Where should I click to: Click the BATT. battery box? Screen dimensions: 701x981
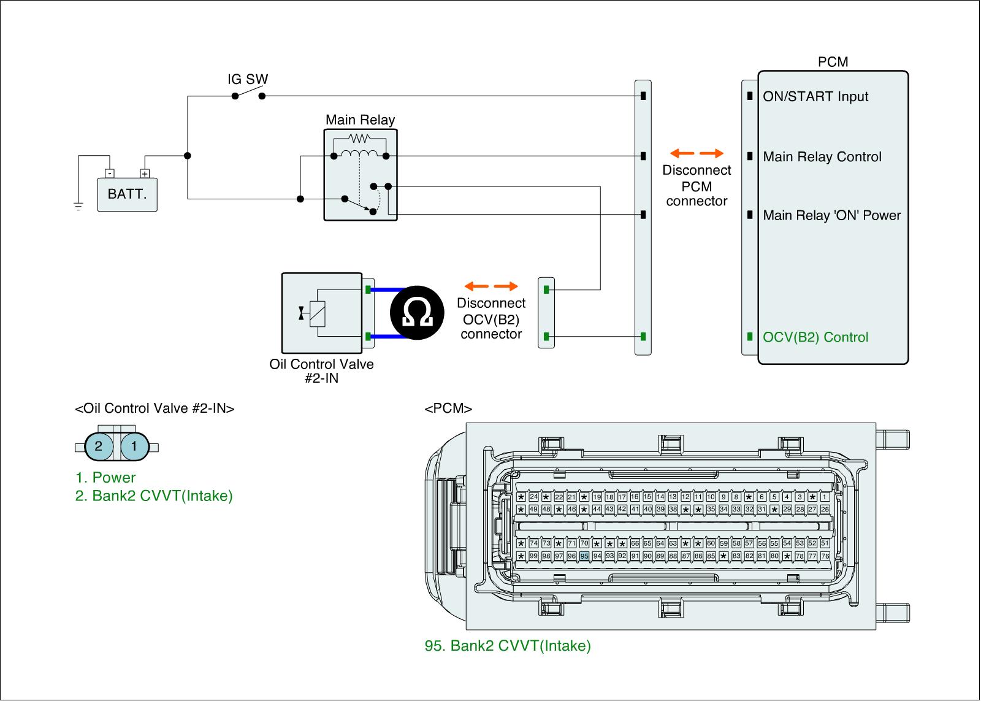127,194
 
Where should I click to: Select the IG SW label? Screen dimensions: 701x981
248,80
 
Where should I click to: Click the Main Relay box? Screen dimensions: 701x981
361,174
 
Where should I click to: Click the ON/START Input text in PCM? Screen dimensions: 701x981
815,97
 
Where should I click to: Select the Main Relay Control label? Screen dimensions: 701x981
822,157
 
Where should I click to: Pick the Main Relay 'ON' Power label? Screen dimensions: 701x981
831,215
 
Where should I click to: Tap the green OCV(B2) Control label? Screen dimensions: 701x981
815,337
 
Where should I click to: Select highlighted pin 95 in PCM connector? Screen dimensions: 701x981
584,556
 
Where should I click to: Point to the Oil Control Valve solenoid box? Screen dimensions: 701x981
321,312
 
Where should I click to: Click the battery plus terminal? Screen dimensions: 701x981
145,174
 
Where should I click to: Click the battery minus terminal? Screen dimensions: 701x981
109,174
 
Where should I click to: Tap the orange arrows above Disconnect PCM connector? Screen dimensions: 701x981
697,153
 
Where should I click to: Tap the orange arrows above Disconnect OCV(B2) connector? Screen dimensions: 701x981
491,286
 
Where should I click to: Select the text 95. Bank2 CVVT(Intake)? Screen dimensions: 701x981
508,646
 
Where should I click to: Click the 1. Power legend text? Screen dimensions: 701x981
105,478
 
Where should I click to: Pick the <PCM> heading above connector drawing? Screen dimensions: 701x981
448,409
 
